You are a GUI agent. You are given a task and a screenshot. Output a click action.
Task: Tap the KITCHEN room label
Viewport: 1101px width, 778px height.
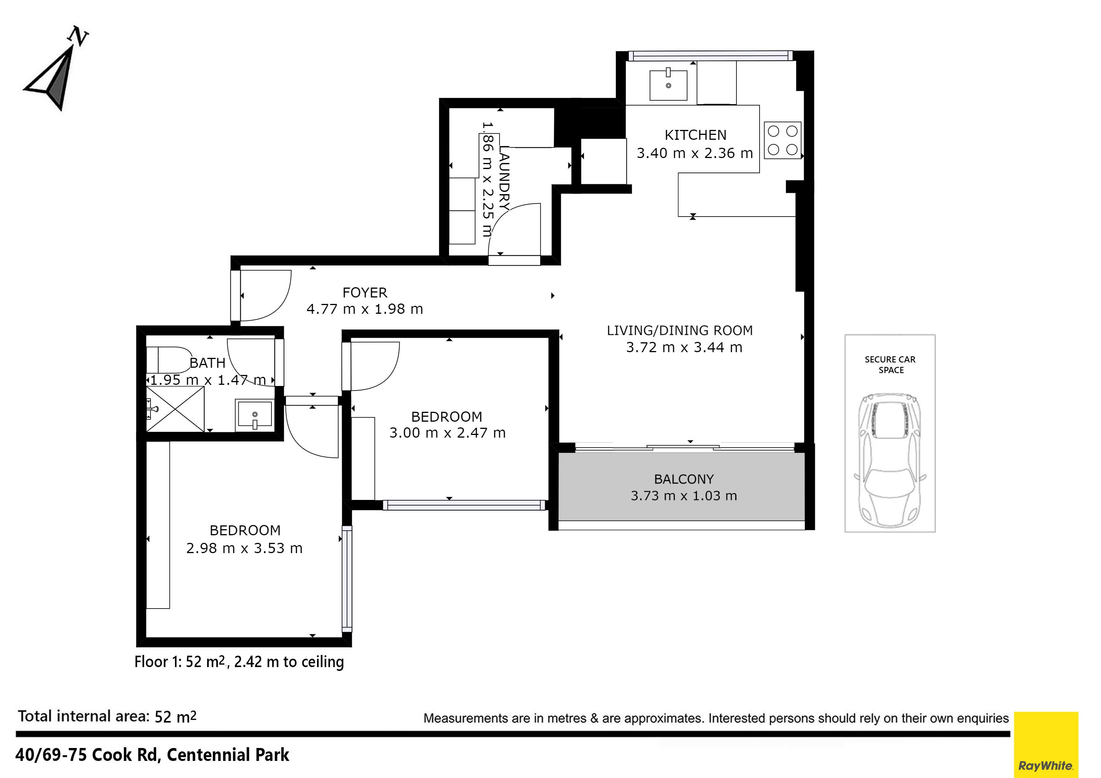pos(695,135)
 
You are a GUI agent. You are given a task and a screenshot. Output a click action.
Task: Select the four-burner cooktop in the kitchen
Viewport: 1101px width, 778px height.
pos(782,140)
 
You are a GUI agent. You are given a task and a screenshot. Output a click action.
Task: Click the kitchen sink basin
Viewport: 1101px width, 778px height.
pos(668,85)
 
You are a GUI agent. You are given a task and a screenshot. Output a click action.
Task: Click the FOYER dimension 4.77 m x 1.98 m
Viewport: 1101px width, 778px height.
pos(365,309)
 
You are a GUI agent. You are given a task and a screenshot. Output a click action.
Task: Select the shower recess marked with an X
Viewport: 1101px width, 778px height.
pos(175,409)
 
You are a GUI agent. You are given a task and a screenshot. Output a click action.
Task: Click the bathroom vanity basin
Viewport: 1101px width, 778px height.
pos(254,415)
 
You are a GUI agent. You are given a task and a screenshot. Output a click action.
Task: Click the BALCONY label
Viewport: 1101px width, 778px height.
pos(684,479)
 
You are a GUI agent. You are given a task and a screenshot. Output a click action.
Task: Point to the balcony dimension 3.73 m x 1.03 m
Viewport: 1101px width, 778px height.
pos(684,496)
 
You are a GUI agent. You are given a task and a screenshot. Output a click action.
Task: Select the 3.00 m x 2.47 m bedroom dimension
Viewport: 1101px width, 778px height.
pos(447,433)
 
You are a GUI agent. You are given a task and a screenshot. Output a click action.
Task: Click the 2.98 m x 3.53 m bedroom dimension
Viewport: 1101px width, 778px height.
pos(244,548)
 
